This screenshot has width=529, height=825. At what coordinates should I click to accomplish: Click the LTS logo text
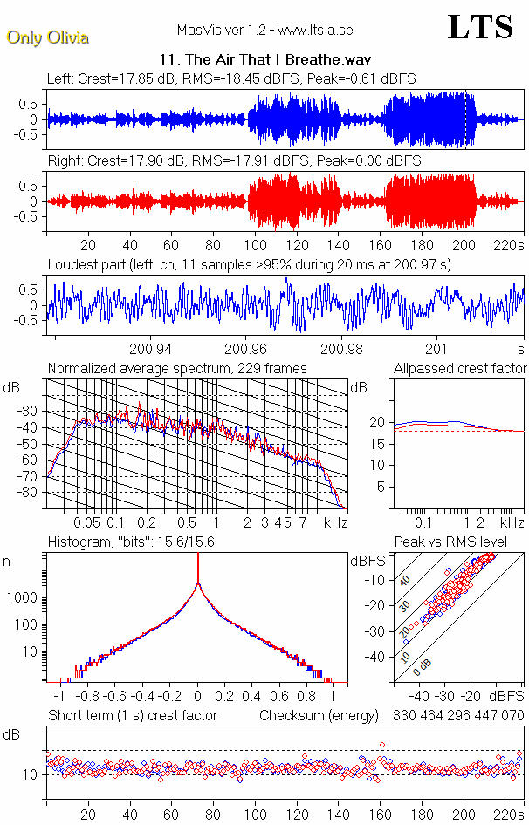click(479, 27)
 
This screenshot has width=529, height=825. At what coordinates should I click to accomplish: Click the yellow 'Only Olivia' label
click(47, 37)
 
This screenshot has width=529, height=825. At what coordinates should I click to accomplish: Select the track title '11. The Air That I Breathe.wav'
click(265, 60)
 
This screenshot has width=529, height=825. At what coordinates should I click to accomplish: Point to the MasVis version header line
click(264, 31)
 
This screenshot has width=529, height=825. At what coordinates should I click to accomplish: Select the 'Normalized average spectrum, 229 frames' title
click(177, 369)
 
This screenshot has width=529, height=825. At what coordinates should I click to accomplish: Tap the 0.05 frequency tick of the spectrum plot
click(86, 522)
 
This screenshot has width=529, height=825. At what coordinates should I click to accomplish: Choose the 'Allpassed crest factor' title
click(460, 369)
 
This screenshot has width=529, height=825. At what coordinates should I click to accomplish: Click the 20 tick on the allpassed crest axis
click(376, 422)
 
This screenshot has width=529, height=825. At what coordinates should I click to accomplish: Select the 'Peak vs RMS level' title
click(451, 542)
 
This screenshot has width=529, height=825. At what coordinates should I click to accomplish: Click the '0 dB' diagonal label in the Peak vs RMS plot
click(424, 665)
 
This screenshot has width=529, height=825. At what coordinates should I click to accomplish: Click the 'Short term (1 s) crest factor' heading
click(133, 716)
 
